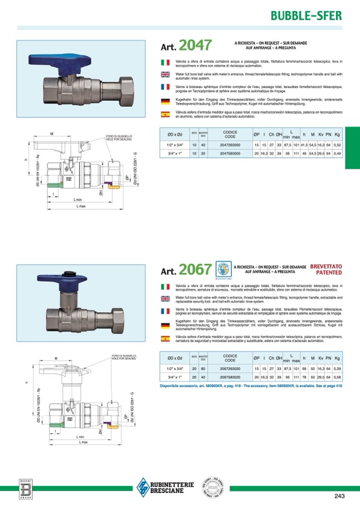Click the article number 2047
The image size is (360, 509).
195,45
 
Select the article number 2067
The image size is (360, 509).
195,270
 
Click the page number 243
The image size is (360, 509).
340,496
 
